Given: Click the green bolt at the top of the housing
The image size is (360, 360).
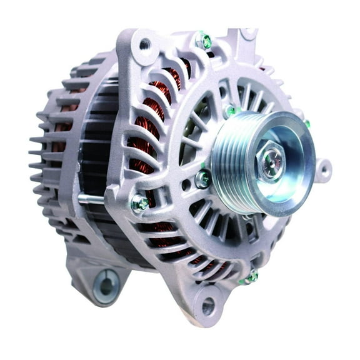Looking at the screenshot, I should tap(204, 42).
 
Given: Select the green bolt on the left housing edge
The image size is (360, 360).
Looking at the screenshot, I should tap(139, 203).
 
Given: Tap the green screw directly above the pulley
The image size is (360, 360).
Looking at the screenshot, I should tap(232, 111).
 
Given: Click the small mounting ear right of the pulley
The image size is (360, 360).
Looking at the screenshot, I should tap(322, 169).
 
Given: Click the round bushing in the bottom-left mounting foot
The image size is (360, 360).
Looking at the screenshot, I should tap(106, 287).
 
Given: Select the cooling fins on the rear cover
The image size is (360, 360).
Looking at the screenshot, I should tap(47, 150).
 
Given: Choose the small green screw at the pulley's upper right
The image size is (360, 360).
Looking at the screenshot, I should tap(307, 124).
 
